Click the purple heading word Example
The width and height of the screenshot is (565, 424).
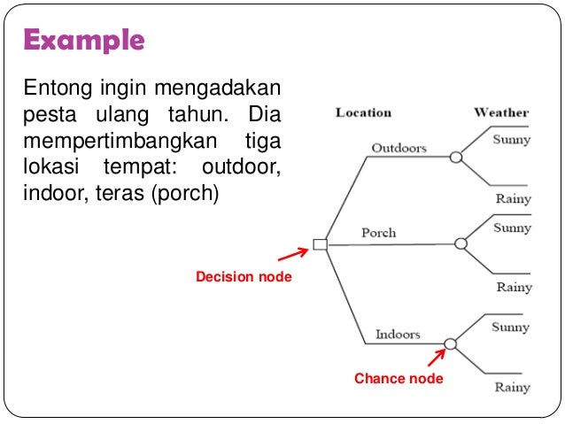[x=83, y=41]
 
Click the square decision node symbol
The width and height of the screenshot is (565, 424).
[x=321, y=244]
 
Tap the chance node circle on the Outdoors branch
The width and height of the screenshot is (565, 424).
[x=456, y=158]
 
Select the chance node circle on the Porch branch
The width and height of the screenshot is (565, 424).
[x=461, y=243]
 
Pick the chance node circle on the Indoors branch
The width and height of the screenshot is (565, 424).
[x=450, y=343]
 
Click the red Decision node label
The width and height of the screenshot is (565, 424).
[x=244, y=278]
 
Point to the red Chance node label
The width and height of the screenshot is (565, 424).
[x=399, y=379]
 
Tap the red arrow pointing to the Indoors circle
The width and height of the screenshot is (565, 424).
[x=436, y=358]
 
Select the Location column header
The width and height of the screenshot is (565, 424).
[x=363, y=112]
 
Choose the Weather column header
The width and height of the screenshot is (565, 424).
[x=501, y=112]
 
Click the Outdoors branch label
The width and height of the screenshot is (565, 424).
[x=399, y=147]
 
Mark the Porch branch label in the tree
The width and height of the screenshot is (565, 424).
[x=378, y=233]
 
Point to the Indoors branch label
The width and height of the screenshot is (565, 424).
[x=398, y=334]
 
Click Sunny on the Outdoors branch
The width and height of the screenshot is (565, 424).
[x=512, y=139]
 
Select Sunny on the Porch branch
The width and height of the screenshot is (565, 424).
[x=512, y=227]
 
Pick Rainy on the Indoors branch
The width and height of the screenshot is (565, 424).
[x=512, y=387]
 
